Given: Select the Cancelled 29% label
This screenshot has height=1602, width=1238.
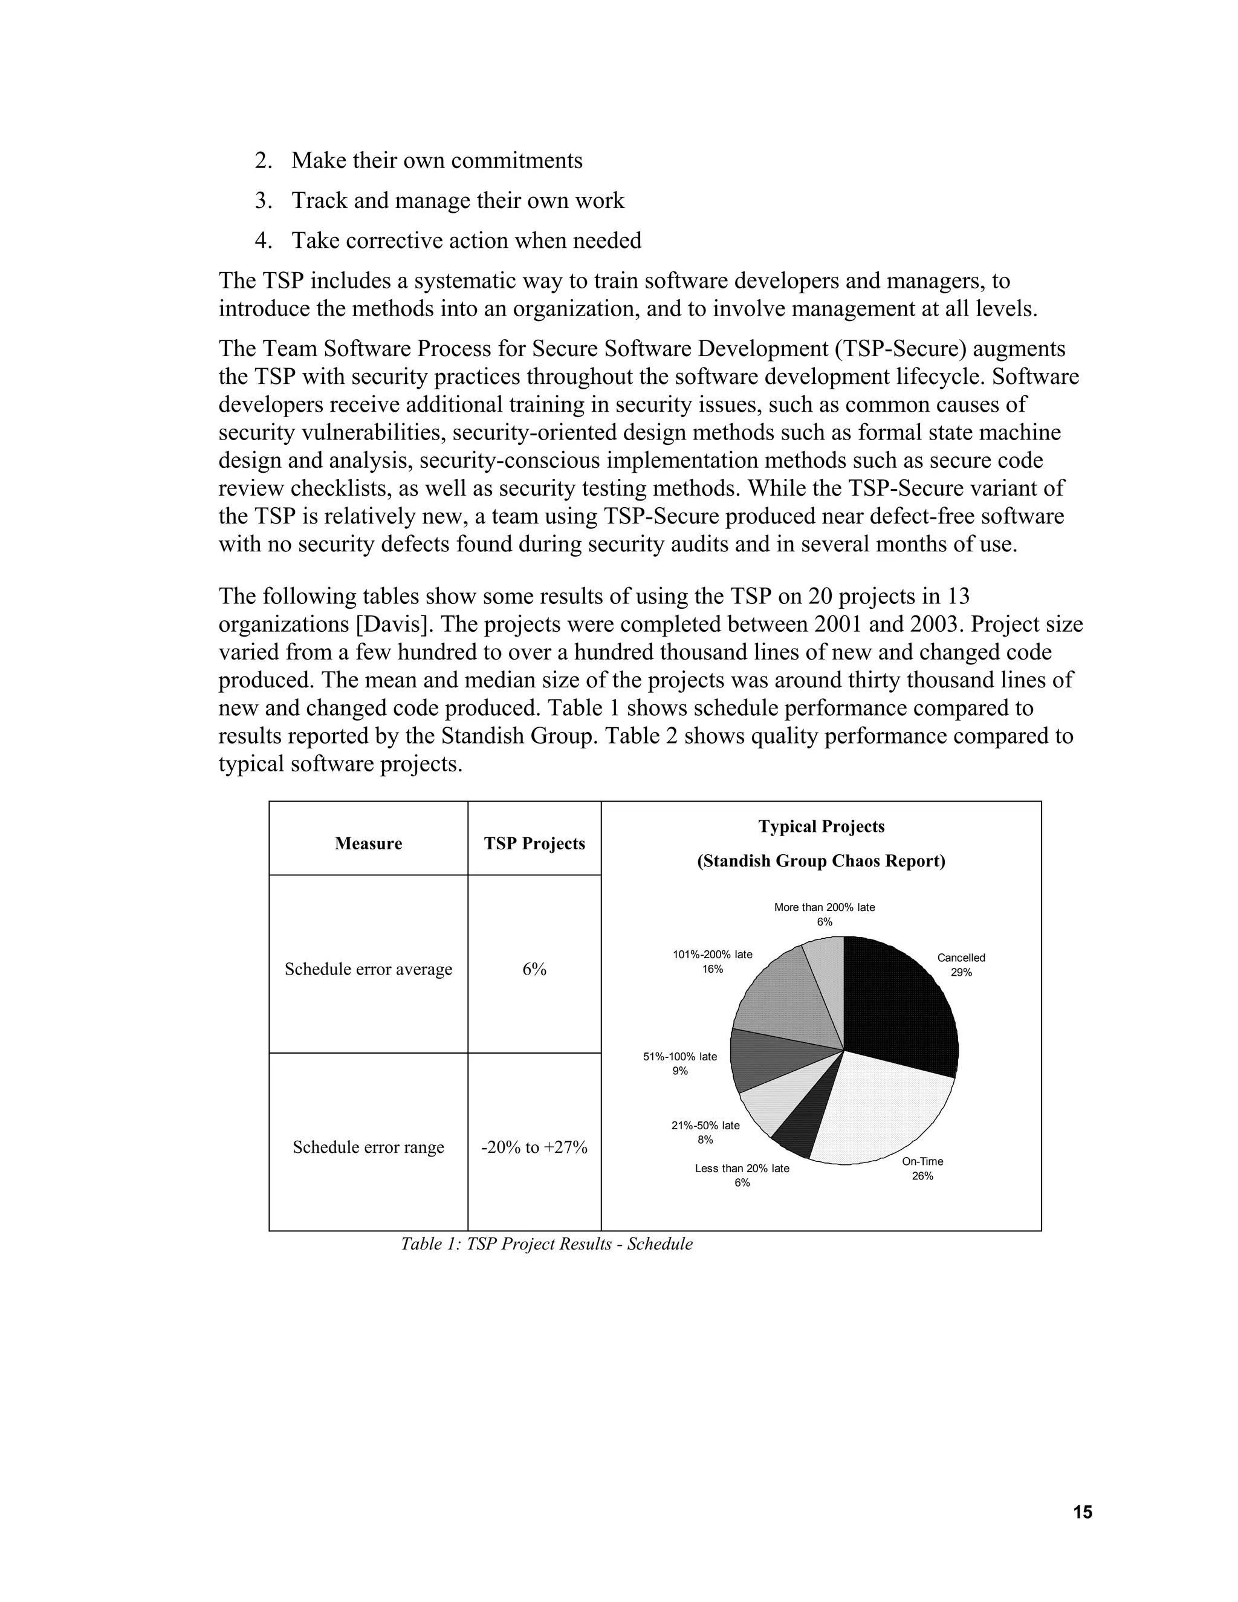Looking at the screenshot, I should (961, 965).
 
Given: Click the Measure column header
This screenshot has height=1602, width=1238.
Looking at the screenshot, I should (368, 843).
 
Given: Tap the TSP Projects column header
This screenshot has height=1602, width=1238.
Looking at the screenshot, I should (534, 843).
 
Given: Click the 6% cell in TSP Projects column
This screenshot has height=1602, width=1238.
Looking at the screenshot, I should (534, 969).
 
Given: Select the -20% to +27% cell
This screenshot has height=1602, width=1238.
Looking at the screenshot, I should (534, 1147).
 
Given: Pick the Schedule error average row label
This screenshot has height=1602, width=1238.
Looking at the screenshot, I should (368, 969).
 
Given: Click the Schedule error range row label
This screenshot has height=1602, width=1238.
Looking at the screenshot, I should (368, 1147).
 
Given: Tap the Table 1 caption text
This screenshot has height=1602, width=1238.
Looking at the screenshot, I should (546, 1244).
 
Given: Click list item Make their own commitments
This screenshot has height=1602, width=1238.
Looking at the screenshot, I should (436, 161).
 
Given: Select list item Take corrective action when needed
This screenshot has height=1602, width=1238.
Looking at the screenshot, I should (465, 241).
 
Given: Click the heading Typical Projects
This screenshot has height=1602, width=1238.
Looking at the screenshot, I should (822, 826).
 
